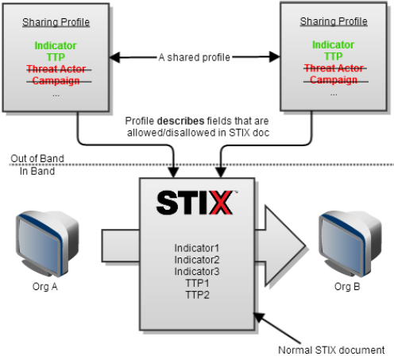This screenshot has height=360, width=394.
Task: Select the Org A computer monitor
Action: click(x=47, y=244)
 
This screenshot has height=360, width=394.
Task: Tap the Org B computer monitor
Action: click(x=350, y=244)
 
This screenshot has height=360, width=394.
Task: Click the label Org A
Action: click(x=44, y=287)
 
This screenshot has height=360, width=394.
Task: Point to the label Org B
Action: click(x=347, y=287)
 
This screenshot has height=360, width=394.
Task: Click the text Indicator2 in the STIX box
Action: click(x=197, y=260)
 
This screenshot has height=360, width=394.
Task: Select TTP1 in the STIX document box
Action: click(x=197, y=283)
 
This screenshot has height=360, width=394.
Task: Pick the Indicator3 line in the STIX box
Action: click(x=197, y=272)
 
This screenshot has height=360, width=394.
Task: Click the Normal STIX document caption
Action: click(x=331, y=350)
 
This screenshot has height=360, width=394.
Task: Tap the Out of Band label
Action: click(x=37, y=158)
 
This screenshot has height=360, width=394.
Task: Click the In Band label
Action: click(x=37, y=171)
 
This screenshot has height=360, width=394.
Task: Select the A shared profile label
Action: click(x=195, y=57)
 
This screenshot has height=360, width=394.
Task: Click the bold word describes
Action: click(x=181, y=121)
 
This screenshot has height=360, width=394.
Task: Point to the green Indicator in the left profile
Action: click(x=56, y=45)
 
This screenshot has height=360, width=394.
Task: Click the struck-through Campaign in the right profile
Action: click(x=334, y=79)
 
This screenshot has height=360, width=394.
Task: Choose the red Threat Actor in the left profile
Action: click(x=56, y=69)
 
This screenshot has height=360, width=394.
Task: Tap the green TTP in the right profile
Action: click(x=334, y=56)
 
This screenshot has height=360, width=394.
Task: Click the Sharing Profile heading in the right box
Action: click(x=334, y=21)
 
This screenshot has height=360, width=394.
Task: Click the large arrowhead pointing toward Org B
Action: click(x=285, y=246)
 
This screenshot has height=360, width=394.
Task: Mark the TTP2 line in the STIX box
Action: click(x=198, y=295)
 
